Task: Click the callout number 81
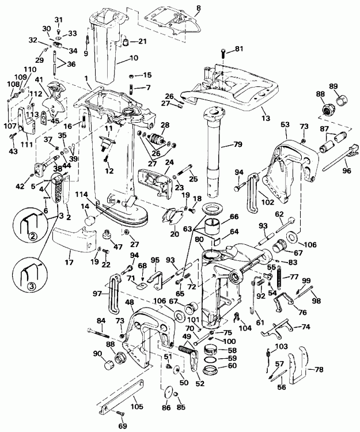click(x=238, y=48)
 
